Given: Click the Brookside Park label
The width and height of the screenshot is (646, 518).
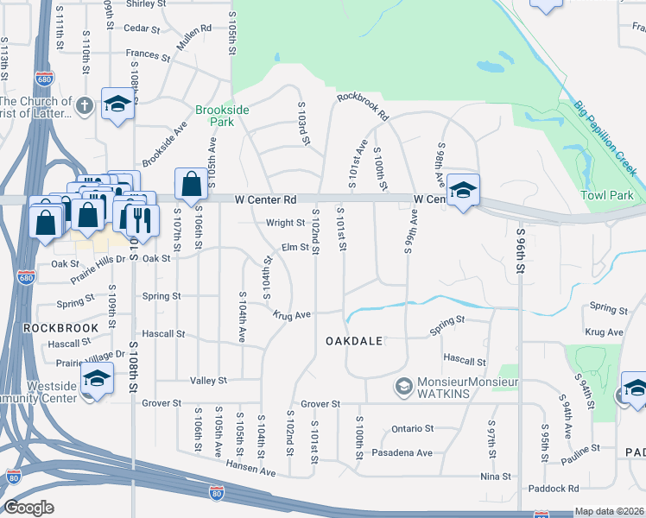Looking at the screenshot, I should click(222, 117).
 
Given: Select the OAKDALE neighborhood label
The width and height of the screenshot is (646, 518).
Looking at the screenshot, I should click(354, 341).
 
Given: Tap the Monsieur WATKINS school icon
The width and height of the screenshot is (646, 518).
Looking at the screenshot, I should click(402, 386).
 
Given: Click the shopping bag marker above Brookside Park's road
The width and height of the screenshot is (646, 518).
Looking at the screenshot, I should click(190, 184).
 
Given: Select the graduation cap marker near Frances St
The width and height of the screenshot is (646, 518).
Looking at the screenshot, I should click(117, 104).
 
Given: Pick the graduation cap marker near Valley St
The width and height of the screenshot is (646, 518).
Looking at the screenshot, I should click(97, 380).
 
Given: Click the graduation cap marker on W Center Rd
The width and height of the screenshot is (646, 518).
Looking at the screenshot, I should click(463, 191).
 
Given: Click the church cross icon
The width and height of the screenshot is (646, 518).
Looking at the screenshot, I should click(84, 106).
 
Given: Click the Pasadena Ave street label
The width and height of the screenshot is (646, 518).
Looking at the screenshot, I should click(402, 452).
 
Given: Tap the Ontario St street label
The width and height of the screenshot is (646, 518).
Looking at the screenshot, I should click(411, 428).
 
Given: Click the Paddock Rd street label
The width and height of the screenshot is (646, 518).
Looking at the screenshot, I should click(549, 489).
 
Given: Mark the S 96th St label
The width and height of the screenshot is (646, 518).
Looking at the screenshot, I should click(521, 250).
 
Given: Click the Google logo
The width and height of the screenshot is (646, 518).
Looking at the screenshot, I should click(29, 507).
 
